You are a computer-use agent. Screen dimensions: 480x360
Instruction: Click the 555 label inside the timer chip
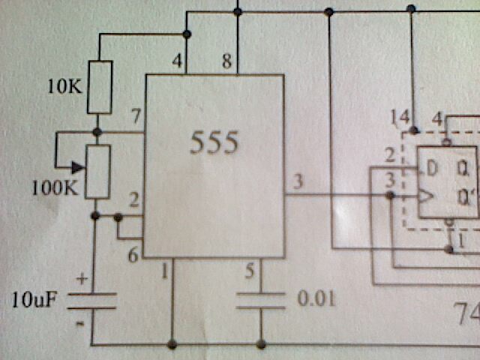tap(214, 142)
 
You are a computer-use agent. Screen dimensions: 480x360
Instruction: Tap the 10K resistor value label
tap(65, 87)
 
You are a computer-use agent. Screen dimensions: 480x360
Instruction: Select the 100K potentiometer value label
tap(55, 187)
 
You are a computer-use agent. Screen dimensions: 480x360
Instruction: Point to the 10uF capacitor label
tap(34, 300)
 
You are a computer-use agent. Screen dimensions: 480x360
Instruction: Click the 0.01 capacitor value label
tap(316, 298)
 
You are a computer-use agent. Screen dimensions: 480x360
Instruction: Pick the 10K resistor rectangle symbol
tap(100, 87)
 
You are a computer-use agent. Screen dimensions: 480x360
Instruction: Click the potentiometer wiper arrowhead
tap(78, 167)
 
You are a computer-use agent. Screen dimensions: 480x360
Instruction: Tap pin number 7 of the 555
tap(136, 116)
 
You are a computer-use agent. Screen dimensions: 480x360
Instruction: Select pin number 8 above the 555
tap(226, 61)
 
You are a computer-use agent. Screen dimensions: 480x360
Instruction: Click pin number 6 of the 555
tap(133, 255)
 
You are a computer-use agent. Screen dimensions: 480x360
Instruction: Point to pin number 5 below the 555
tap(250, 271)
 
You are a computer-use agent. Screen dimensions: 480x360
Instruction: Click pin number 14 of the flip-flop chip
tap(400, 118)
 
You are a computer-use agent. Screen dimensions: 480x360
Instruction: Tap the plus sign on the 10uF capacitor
tap(82, 279)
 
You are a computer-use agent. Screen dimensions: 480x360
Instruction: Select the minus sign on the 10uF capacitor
tap(80, 323)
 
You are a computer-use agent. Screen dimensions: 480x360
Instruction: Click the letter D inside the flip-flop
tap(432, 169)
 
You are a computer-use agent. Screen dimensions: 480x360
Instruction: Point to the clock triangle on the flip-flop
tap(426, 196)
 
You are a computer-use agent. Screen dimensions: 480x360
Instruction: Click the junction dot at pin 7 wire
tap(97, 132)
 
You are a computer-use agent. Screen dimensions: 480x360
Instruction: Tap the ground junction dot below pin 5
tap(261, 344)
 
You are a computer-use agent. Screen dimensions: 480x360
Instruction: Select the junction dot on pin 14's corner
tap(414, 130)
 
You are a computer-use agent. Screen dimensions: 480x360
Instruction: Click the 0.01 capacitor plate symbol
tap(261, 301)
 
